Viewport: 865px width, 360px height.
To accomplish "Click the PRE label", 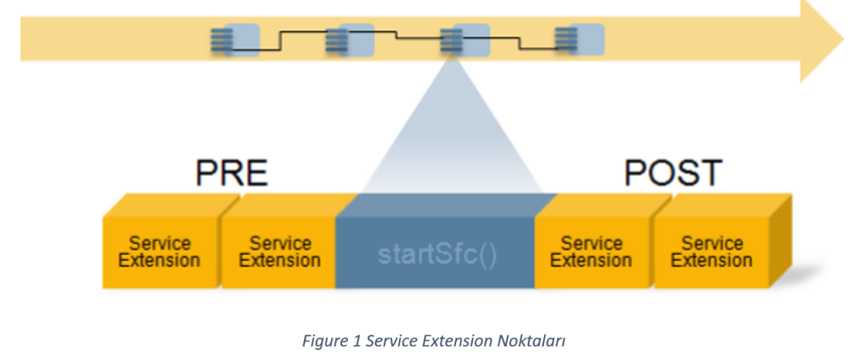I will click(x=231, y=173).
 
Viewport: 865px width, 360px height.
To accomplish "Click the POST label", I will click(x=672, y=173).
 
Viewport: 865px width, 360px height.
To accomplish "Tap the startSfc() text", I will click(x=435, y=253).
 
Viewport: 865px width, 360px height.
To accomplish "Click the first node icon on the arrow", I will click(x=235, y=40).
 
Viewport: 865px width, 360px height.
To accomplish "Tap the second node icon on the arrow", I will click(x=349, y=40).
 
